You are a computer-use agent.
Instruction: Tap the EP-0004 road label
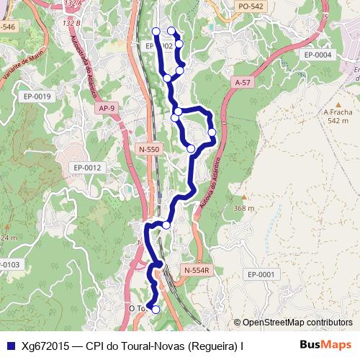tap(318, 55)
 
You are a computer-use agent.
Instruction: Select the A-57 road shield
tap(243, 84)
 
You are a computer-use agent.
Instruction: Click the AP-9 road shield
tap(106, 108)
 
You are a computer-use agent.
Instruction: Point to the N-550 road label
tap(148, 149)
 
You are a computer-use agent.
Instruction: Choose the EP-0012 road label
tap(88, 168)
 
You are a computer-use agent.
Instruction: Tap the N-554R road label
tap(196, 270)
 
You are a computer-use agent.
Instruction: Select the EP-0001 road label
tap(261, 274)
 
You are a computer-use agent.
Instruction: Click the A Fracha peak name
tap(338, 112)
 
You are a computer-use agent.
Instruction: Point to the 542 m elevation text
tap(338, 121)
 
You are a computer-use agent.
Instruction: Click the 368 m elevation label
tap(244, 208)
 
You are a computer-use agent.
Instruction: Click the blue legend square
tap(12, 346)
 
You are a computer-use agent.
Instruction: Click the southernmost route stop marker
tap(156, 310)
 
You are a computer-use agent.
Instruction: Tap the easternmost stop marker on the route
tap(212, 132)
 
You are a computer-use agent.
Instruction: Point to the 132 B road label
tap(71, 23)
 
